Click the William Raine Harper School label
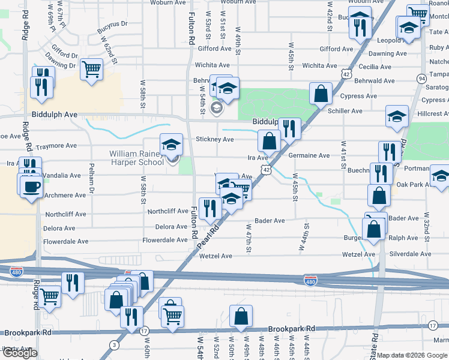pyautogui.click(x=136, y=158)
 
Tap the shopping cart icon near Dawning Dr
pyautogui.click(x=91, y=69)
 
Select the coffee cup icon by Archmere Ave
pyautogui.click(x=31, y=186)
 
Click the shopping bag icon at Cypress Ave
pyautogui.click(x=321, y=93)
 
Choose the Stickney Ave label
pyautogui.click(x=215, y=139)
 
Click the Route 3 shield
pyautogui.click(x=114, y=344)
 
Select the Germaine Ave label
pyautogui.click(x=309, y=155)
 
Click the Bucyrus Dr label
pyautogui.click(x=115, y=24)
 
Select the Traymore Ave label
pyautogui.click(x=56, y=146)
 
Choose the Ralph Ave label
pyautogui.click(x=403, y=238)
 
